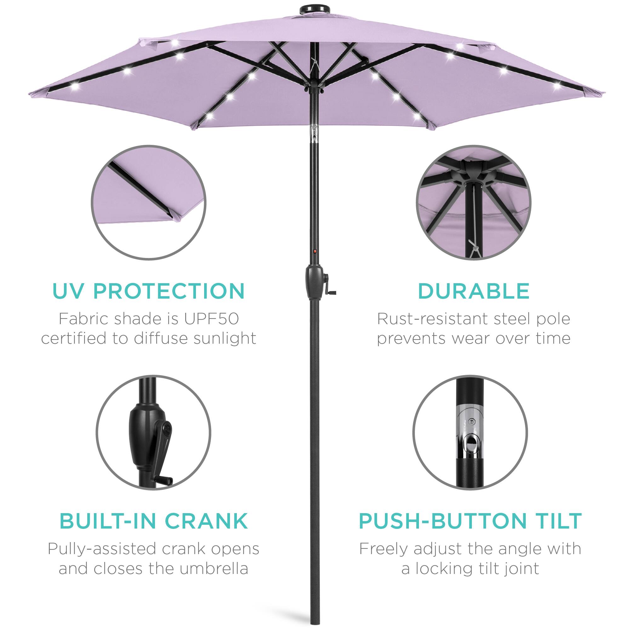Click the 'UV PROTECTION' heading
[x=148, y=291]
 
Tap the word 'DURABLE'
[x=473, y=291]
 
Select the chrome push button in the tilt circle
[x=471, y=444]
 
